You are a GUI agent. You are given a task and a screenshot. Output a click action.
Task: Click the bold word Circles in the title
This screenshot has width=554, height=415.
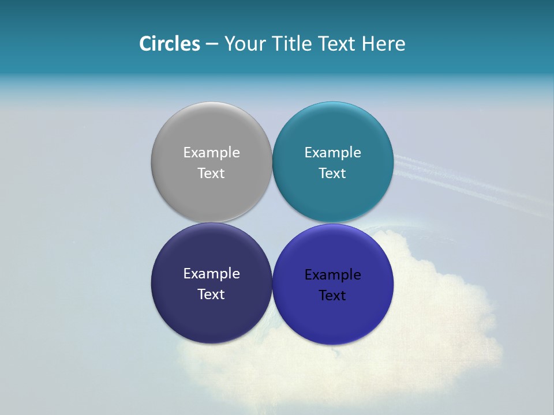click(170, 44)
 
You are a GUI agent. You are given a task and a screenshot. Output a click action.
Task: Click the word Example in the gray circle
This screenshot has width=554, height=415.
click(211, 153)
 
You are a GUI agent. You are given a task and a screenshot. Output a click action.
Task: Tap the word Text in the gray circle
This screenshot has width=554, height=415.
click(211, 173)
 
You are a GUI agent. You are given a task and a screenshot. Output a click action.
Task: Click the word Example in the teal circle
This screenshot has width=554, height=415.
click(332, 153)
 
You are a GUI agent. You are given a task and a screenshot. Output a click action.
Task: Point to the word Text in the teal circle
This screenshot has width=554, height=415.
click(332, 173)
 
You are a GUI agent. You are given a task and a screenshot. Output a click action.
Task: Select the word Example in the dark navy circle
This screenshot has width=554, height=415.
click(211, 274)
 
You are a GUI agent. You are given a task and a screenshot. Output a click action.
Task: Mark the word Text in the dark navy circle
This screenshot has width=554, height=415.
click(211, 295)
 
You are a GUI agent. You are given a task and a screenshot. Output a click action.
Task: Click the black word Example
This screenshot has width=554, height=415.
click(332, 275)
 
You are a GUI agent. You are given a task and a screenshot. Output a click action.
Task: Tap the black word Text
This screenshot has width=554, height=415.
click(332, 296)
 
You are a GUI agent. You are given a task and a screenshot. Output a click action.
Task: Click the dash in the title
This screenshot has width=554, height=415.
click(212, 44)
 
